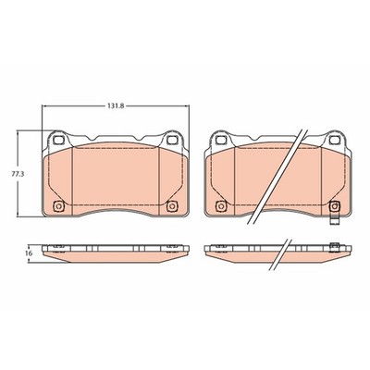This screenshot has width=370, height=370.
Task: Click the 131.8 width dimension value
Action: click(116, 105)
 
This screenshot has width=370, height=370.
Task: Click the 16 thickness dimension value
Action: click(29, 253)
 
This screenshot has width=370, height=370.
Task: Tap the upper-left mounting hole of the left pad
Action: click(58, 141)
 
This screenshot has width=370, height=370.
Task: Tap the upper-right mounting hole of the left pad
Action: click(171, 141)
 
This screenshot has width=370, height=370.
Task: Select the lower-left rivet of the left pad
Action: click(58, 206)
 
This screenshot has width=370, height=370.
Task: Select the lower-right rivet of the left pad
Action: click(171, 206)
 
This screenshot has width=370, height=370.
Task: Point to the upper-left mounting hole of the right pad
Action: click(220, 141)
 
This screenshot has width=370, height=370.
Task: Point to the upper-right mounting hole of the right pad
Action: click(334, 141)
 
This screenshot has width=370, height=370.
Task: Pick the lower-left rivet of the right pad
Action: click(221, 206)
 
